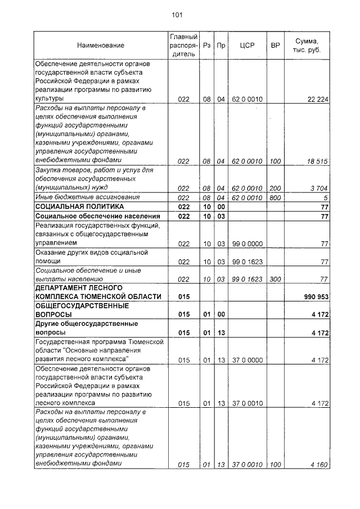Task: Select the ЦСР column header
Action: pos(247,45)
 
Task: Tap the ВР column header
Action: pos(275,45)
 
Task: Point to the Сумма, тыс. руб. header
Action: pos(309,45)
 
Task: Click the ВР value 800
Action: pos(275,197)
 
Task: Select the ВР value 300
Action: pos(275,278)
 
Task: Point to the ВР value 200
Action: pos(275,188)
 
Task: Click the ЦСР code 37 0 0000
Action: pos(247,359)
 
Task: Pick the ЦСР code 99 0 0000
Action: pos(247,243)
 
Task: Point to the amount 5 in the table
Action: pos(326,197)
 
